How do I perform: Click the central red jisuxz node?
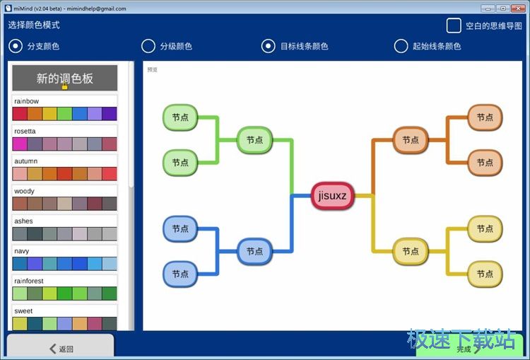(332, 195)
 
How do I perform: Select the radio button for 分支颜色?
(16, 46)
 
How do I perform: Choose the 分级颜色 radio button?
(148, 46)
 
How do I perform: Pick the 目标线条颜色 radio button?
(269, 46)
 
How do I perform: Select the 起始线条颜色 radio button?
(401, 46)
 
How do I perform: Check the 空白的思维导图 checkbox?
(454, 25)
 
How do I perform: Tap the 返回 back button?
(61, 348)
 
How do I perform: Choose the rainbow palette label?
(27, 101)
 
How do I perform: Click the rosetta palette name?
(25, 132)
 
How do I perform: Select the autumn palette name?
(25, 161)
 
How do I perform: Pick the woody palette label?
(24, 191)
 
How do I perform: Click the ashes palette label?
(23, 221)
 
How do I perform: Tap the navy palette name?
(22, 251)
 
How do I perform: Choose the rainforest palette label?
(28, 281)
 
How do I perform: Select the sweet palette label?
(23, 310)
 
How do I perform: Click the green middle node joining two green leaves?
(254, 140)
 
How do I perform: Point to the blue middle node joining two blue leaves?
(254, 251)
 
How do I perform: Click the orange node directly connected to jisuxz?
(411, 140)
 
